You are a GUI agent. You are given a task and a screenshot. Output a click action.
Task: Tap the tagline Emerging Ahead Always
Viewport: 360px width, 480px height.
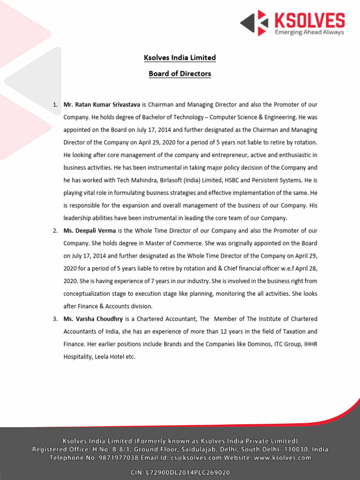[x=309, y=32]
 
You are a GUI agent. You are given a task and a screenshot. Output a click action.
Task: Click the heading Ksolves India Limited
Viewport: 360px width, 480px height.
[x=180, y=58]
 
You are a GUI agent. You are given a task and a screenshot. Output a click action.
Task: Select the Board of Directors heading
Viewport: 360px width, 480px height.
[x=180, y=74]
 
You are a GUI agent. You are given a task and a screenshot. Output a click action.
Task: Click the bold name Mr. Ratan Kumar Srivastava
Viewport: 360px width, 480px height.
[x=102, y=105]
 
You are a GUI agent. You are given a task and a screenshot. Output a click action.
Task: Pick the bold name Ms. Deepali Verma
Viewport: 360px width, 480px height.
[x=90, y=231]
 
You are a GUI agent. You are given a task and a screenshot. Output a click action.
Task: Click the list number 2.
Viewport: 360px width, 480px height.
[x=55, y=231]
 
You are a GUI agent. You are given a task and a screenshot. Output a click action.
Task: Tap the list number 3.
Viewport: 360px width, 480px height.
[x=55, y=319]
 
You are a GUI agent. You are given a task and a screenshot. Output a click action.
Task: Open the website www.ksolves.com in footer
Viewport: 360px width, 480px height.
[x=283, y=457]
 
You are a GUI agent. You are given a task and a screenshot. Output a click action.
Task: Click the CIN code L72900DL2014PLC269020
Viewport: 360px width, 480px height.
[x=194, y=473]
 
